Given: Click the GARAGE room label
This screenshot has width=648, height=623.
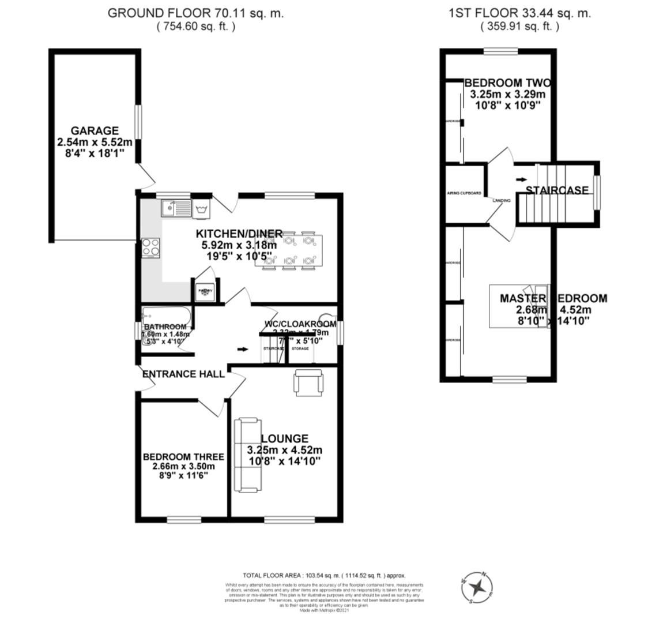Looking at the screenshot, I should tap(95, 131).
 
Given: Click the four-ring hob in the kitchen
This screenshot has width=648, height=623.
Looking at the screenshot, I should tap(151, 248).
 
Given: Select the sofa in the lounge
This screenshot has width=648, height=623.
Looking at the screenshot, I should tap(246, 455).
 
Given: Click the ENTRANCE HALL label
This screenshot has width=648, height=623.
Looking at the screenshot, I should tap(183, 374).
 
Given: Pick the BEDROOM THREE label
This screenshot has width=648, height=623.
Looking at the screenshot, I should tap(183, 457).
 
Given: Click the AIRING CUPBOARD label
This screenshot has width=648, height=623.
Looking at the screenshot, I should tap(464, 193).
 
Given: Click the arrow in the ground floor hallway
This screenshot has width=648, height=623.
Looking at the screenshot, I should tap(243, 349).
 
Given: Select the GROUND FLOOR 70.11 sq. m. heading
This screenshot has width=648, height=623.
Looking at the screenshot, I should tap(195, 13).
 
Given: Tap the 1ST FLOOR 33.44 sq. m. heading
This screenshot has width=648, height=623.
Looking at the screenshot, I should tap(519, 13).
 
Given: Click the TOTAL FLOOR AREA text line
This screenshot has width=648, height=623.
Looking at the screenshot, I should tap(324, 575).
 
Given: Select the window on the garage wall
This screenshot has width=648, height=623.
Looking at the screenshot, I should tap(138, 121).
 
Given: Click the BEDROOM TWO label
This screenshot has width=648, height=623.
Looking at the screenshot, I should tap(507, 83).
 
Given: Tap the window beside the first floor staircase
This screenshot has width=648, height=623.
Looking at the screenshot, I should tap(597, 190).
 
